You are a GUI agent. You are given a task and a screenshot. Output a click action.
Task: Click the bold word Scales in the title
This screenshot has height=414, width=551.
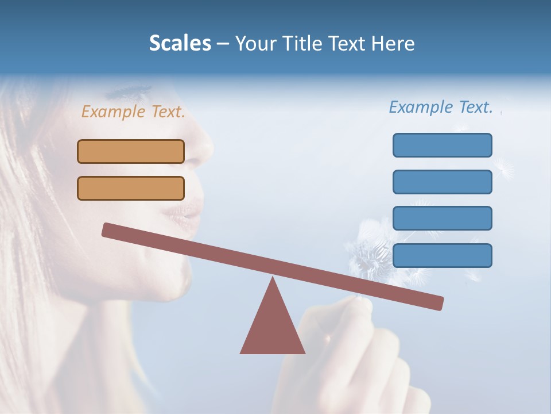[180, 44]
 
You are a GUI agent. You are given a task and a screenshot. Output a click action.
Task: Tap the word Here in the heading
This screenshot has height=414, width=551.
[393, 44]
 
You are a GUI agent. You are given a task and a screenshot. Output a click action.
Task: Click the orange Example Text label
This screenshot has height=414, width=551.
[133, 112]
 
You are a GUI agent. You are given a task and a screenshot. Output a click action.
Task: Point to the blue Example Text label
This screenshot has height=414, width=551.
[441, 107]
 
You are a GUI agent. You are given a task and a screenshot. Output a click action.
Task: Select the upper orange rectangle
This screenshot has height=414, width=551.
[131, 151]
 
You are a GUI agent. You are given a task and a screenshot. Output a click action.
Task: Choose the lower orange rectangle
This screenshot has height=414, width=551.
[131, 188]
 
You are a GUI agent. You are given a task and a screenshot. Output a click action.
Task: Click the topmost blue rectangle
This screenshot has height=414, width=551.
[443, 145]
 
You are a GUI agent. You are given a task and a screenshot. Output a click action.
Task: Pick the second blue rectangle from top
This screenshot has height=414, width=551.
[443, 182]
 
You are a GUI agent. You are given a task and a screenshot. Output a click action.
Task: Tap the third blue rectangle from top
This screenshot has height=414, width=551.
[443, 218]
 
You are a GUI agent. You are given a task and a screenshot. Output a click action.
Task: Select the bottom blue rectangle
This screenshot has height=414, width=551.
[443, 255]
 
